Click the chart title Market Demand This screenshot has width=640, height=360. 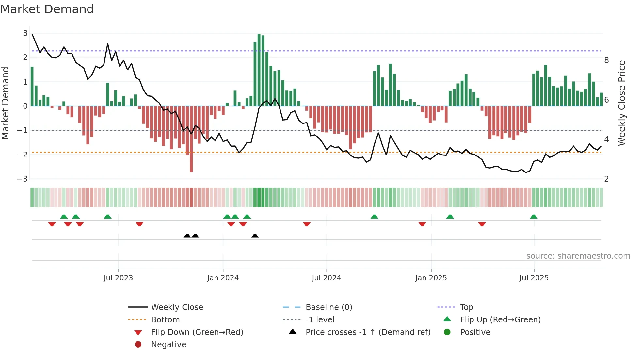(x=47, y=9)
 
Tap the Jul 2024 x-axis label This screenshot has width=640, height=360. (x=326, y=278)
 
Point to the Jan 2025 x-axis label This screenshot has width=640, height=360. (x=431, y=278)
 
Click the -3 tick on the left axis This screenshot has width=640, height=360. (x=23, y=179)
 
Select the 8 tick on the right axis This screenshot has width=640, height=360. (x=606, y=60)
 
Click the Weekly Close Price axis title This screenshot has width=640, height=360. (x=622, y=103)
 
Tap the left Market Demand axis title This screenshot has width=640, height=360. (x=5, y=103)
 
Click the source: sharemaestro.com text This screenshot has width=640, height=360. (x=578, y=256)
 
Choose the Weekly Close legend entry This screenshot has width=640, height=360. (x=177, y=307)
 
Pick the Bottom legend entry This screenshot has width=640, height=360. (x=165, y=320)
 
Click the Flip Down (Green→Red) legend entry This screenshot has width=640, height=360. (x=197, y=332)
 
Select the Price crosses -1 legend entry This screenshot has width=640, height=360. (x=368, y=332)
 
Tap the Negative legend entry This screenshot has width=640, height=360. (x=168, y=345)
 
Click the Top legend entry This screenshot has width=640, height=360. (x=467, y=307)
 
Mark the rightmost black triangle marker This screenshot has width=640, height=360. (x=255, y=236)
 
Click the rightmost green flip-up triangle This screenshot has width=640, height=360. (x=534, y=217)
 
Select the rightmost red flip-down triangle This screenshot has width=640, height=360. (x=482, y=224)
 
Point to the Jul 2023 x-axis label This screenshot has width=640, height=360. (x=118, y=278)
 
